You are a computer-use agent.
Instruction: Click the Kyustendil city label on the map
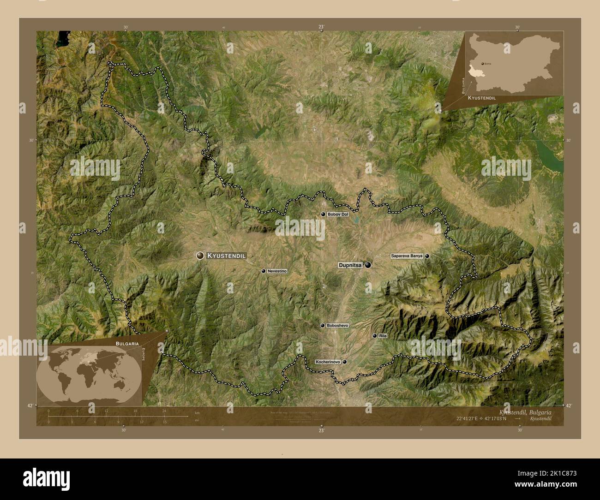point(226,255)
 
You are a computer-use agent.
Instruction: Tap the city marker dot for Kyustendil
point(200,255)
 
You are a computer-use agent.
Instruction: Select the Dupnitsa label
point(350,265)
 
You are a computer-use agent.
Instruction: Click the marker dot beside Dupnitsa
point(368,265)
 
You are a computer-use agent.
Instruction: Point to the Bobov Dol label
point(337,214)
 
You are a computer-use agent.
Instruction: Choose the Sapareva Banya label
point(407,256)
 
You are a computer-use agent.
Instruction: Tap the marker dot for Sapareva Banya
point(427,256)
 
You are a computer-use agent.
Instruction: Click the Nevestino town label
point(277,271)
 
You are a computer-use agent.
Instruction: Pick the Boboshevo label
point(337,326)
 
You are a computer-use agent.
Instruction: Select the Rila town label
point(383,336)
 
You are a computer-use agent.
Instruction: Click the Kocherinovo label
point(328,362)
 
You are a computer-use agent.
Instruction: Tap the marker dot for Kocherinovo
point(344,362)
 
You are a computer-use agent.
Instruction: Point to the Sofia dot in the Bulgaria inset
point(482,63)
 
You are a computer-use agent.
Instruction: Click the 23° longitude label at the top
point(321,27)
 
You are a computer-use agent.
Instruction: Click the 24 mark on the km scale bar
point(164,411)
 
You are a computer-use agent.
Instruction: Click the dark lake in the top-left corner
point(61,39)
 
